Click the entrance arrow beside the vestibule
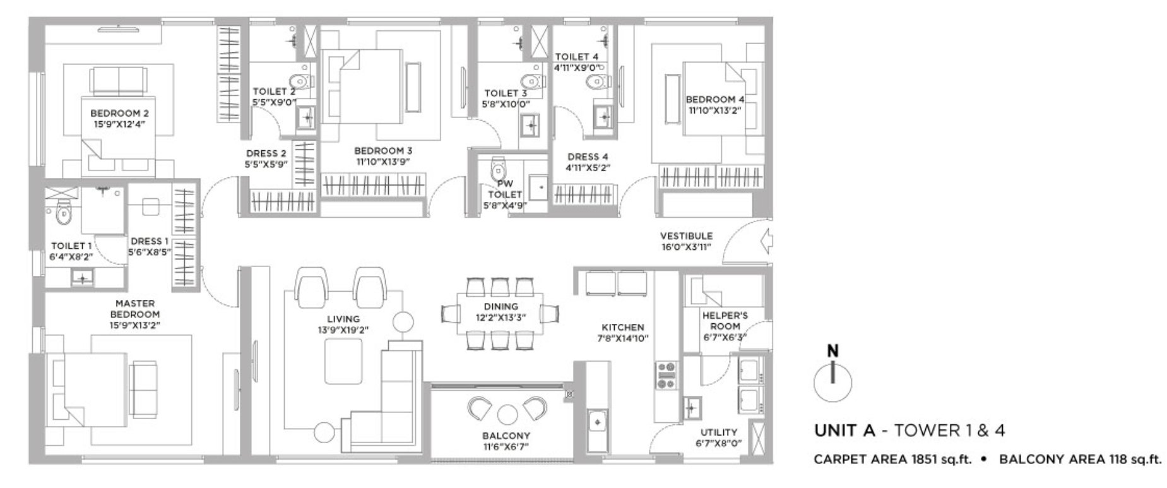pos(766,241)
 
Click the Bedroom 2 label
pos(120,114)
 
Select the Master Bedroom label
pos(135,309)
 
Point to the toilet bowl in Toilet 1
pos(62,213)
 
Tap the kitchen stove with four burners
pos(666,375)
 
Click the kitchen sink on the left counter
pos(596,420)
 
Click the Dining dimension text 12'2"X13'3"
pos(501,317)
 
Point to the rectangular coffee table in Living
pos(343,362)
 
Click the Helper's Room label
pos(725,321)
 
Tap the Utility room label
pos(719,432)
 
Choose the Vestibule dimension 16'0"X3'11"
pos(686,247)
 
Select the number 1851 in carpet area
pos(918,459)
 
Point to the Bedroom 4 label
pos(715,99)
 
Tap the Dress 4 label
pos(588,157)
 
